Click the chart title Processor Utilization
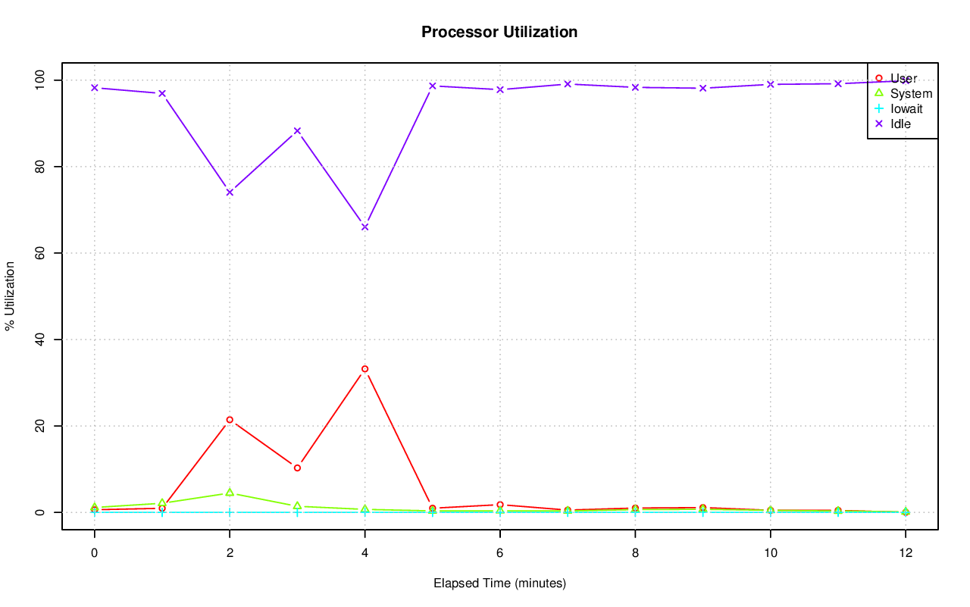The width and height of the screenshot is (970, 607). pos(499,32)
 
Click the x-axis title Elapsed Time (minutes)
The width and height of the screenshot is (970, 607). pos(499,584)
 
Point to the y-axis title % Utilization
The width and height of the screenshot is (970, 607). pos(10,296)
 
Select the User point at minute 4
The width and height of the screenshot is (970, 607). pos(365,369)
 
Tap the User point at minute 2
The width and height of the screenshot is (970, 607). pos(230,420)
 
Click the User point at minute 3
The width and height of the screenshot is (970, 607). pos(297,468)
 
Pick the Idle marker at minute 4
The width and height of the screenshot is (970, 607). pos(365,227)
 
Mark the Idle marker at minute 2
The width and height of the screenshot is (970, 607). pos(230,192)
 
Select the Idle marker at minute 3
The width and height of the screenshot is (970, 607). pos(297,131)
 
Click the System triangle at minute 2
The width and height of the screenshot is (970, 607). pos(230,493)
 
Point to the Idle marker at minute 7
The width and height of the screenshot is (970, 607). pos(568,84)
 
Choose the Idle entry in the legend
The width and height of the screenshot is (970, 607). pos(900,124)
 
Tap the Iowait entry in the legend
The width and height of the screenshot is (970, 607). pos(906,108)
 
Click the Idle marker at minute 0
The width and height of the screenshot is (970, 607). pos(95,88)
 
